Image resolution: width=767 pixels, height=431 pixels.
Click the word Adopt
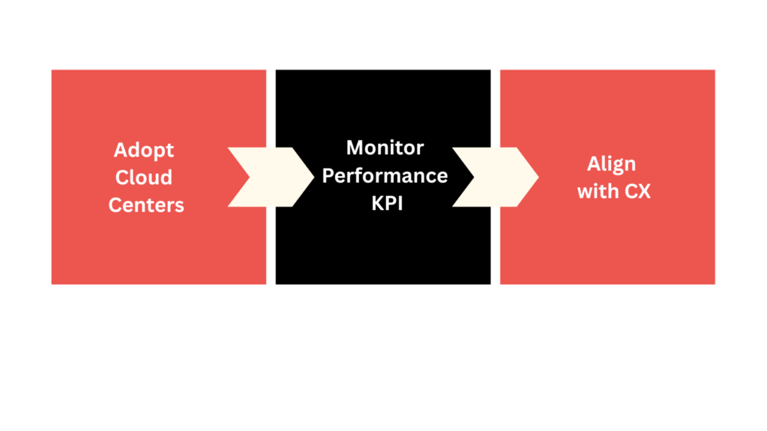144,150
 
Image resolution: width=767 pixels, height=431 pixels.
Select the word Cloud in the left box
144,177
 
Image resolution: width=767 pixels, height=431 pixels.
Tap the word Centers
146,204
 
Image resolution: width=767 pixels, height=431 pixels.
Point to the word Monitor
385,147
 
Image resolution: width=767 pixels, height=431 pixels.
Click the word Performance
385,176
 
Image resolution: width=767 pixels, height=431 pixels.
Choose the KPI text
386,203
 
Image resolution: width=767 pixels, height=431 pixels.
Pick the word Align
611,165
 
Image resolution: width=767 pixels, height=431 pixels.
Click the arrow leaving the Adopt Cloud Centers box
270,177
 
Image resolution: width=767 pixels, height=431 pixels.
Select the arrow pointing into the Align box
495,177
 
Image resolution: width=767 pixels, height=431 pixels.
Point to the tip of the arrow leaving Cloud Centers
313,177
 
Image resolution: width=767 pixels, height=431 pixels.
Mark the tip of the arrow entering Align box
538,177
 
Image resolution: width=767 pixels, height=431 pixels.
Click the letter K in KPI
377,203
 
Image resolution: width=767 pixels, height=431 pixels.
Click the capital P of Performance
328,176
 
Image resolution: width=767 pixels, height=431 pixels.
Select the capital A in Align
593,164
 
